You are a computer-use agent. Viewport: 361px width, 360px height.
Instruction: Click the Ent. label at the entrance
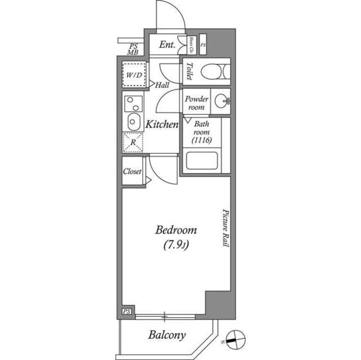pyautogui.click(x=167, y=45)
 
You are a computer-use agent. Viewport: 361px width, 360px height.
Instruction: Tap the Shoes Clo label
pyautogui.click(x=192, y=43)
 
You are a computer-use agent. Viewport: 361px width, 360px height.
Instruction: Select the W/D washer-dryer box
pyautogui.click(x=134, y=74)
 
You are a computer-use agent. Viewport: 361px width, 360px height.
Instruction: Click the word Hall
pyautogui.click(x=162, y=85)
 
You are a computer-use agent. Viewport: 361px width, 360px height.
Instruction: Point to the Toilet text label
pyautogui.click(x=190, y=71)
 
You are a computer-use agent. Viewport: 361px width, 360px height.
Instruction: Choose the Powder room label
pyautogui.click(x=196, y=103)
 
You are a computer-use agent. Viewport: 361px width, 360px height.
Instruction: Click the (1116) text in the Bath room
pyautogui.click(x=201, y=140)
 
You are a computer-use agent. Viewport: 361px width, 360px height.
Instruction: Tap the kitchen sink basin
pyautogui.click(x=134, y=121)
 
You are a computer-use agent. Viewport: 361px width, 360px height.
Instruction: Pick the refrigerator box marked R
pyautogui.click(x=133, y=143)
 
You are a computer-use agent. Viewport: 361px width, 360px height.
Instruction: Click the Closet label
pyautogui.click(x=133, y=172)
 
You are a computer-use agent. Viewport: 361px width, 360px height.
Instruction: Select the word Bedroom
pyautogui.click(x=176, y=230)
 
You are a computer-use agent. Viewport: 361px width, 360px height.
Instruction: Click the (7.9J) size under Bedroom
pyautogui.click(x=176, y=245)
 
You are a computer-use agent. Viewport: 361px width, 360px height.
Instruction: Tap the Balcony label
pyautogui.click(x=168, y=335)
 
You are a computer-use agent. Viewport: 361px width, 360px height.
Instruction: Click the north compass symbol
pyautogui.click(x=237, y=339)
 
